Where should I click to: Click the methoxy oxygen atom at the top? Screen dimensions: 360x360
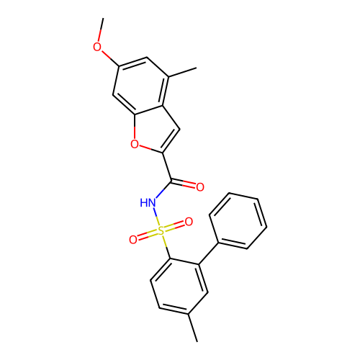(97, 47)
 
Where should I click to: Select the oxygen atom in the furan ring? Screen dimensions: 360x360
(135, 144)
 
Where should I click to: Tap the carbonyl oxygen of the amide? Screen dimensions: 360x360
(200, 187)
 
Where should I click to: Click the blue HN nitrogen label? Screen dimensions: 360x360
(148, 203)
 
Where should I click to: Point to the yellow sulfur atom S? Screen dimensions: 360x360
(161, 231)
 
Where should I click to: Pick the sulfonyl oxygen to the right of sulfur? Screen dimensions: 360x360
(189, 222)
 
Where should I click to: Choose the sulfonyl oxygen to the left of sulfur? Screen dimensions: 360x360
(133, 240)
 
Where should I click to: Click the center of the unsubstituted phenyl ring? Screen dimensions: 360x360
(238, 220)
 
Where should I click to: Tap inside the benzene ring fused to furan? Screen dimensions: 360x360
(141, 86)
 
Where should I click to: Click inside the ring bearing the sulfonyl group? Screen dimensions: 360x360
(179, 286)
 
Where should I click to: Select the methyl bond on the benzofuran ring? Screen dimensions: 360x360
(183, 73)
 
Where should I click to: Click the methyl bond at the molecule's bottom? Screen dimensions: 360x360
(193, 328)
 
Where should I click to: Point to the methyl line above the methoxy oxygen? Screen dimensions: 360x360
(101, 30)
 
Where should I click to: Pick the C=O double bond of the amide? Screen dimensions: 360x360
(183, 184)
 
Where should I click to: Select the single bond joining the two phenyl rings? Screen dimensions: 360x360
(208, 254)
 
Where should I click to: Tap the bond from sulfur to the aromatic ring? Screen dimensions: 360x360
(166, 248)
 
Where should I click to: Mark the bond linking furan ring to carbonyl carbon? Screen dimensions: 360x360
(167, 167)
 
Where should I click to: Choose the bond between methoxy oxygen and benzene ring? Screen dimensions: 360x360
(109, 58)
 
